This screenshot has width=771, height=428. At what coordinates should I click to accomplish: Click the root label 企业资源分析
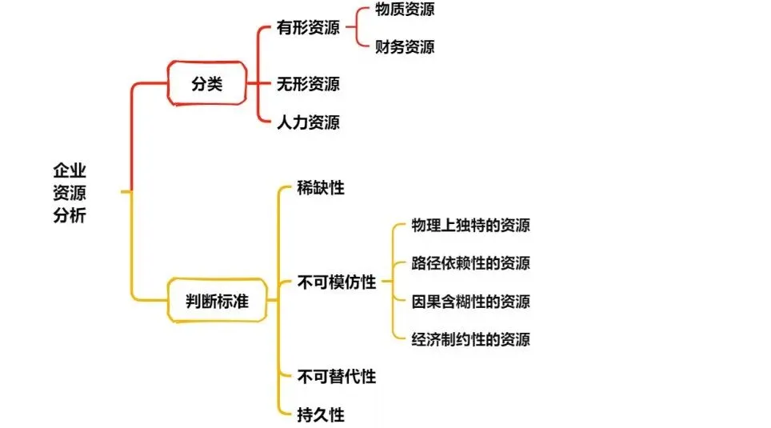pos(70,193)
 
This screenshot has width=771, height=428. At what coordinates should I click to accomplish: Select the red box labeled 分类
pos(206,82)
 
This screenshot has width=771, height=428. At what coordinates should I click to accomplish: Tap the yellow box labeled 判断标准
pos(216,301)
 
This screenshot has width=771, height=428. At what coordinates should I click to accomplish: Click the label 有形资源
pos(308,28)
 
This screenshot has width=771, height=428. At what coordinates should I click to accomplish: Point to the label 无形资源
pos(308,83)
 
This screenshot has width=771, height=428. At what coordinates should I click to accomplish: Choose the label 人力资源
pos(308,122)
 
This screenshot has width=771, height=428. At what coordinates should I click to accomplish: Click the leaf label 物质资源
pos(405,10)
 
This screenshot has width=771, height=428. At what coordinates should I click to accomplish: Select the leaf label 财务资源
pos(405,46)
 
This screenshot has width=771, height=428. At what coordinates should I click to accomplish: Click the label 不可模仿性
pos(336,282)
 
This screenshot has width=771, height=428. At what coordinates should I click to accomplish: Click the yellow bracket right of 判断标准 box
pos(277,301)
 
